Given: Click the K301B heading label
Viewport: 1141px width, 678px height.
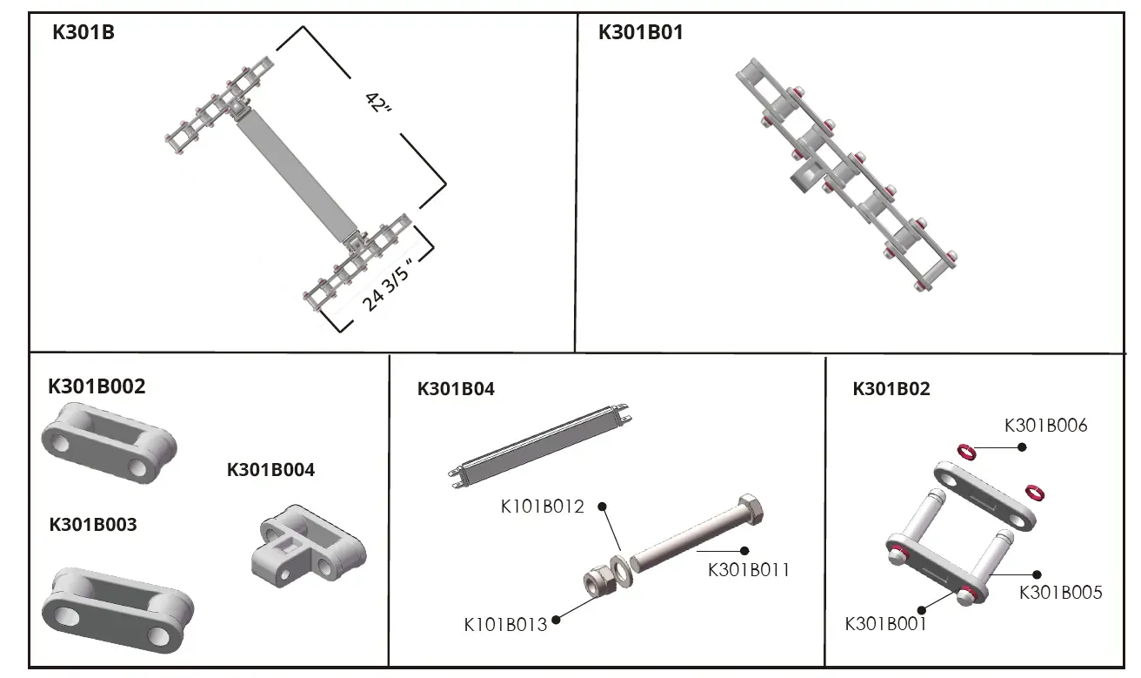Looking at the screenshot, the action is [83, 32].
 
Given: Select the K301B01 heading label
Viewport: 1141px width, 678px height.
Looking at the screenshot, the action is [640, 32].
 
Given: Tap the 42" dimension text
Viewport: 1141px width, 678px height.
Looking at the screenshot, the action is [379, 103].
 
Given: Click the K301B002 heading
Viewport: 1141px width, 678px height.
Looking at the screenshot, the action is [97, 386].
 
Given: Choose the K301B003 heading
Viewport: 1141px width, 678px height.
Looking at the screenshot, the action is [93, 525].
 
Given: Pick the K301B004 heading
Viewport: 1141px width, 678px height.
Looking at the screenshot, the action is [270, 469].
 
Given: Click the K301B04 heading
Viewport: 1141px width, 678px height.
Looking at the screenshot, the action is [456, 389].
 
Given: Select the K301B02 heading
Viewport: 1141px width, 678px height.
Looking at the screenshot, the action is [891, 389].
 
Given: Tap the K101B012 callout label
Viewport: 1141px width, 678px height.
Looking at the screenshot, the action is [542, 507].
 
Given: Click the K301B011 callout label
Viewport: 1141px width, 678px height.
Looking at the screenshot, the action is [748, 570].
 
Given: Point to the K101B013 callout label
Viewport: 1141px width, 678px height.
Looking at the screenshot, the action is [505, 625].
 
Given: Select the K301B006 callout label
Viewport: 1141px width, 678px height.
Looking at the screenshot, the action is [1045, 426].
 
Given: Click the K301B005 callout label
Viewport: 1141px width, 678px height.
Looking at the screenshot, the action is [1060, 593].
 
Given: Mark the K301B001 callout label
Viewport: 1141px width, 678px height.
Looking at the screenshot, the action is [885, 624].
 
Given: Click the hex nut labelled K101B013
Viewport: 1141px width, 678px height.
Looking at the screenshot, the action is [599, 582].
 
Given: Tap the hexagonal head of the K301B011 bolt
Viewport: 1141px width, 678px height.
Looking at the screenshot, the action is [751, 510].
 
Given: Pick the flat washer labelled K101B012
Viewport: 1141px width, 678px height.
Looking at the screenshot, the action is [622, 569].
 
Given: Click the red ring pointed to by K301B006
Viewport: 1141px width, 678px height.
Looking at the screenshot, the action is [966, 452].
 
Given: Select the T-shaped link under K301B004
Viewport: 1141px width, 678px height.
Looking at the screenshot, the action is [309, 547].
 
